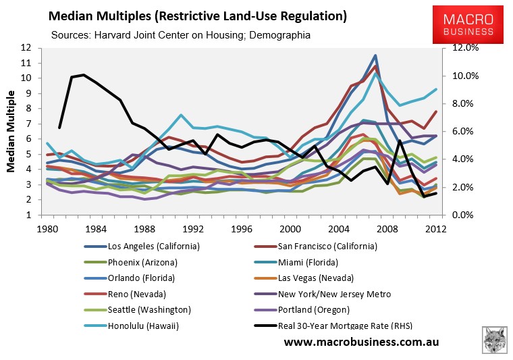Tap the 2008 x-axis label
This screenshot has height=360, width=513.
[x=387, y=227]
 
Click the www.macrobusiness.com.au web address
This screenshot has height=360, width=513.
[x=361, y=342]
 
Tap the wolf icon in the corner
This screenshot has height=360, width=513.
[x=495, y=340]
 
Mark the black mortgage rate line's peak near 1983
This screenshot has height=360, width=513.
[x=83, y=74]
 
